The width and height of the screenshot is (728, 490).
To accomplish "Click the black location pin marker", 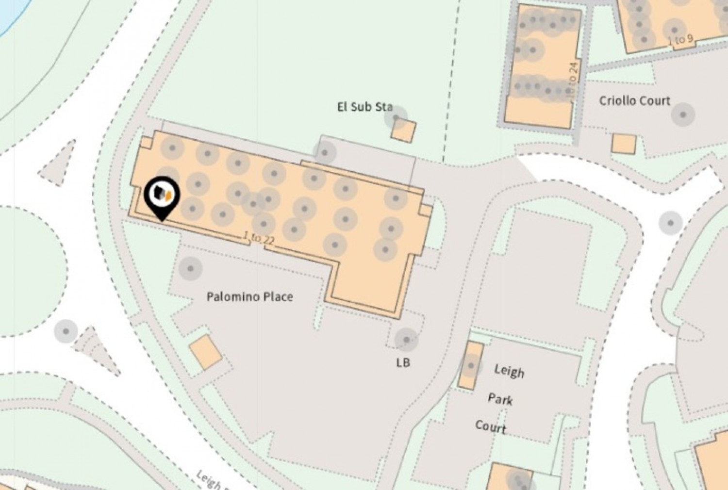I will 162,196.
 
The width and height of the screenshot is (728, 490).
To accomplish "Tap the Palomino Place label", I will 249,296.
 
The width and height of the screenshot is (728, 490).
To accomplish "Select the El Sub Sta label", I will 364,107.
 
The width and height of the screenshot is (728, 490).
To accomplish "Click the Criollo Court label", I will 634,101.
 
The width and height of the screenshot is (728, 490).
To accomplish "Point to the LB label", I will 403,362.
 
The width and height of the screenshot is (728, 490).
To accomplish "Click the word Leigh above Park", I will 509,371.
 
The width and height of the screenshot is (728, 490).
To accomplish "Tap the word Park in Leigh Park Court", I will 500,399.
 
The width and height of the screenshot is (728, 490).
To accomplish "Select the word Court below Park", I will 491,427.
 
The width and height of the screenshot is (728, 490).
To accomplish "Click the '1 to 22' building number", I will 259,239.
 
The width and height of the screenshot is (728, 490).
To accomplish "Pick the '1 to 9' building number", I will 680,40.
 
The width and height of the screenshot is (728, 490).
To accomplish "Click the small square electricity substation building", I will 403,131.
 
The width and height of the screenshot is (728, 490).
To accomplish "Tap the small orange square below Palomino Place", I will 205,352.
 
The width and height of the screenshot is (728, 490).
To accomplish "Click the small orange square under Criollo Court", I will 624,144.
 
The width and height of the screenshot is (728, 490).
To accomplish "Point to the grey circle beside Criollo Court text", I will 683,115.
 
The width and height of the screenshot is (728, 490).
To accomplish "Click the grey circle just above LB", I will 406,340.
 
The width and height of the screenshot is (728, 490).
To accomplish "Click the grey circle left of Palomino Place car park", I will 190,268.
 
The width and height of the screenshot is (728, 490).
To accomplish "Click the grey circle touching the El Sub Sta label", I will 395,117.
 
